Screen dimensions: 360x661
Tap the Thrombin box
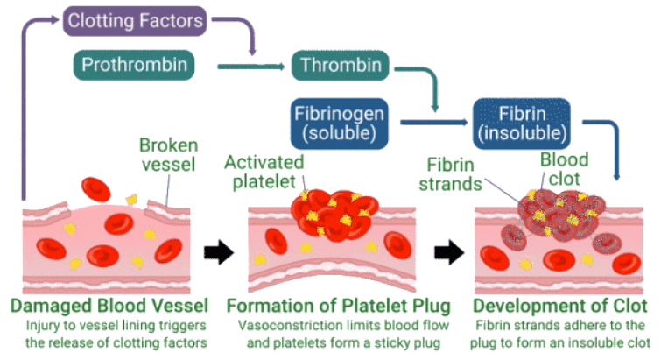[x=341, y=65]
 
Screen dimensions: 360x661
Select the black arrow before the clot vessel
[x=447, y=253]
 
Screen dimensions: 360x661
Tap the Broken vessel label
[x=168, y=156]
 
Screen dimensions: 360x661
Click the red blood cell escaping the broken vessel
[x=95, y=187]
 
